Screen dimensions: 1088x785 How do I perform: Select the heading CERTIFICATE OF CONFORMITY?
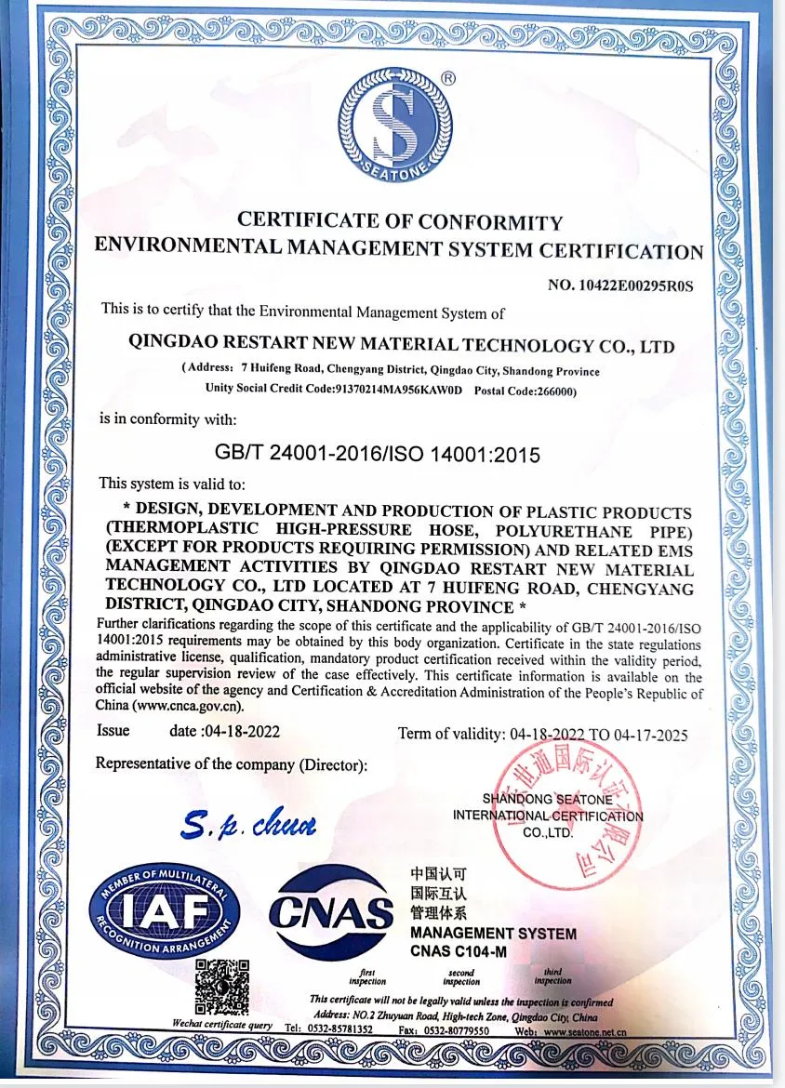click(x=400, y=222)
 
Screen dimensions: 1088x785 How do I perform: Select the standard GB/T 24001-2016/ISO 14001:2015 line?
click(x=378, y=455)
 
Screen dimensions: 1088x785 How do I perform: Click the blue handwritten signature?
click(x=249, y=824)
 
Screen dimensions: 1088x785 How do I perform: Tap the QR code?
click(x=222, y=987)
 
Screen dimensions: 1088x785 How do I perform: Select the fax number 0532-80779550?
click(x=456, y=1030)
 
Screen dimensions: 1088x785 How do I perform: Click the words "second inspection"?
click(x=461, y=977)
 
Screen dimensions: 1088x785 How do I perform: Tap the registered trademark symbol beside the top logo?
click(x=447, y=79)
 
